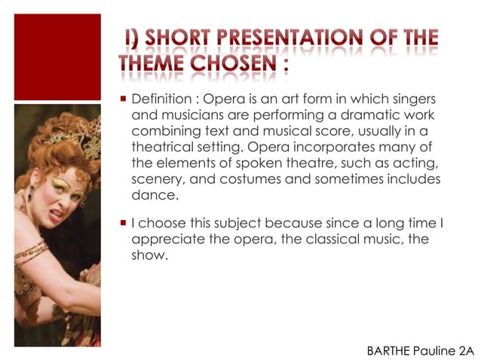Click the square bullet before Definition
[x=123, y=100]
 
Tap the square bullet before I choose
[x=123, y=224]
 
